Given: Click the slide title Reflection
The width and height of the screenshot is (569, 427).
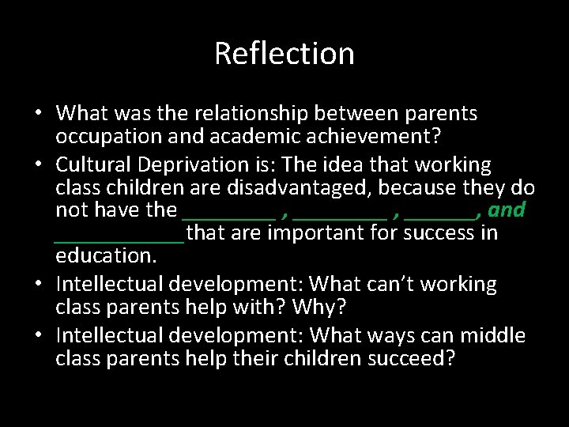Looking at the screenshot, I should click(x=284, y=54).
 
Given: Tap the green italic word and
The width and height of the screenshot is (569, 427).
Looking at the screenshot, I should click(x=507, y=210).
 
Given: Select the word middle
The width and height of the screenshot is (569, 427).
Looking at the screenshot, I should click(x=492, y=335).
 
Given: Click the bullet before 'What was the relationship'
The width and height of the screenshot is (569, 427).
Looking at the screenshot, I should click(x=37, y=114).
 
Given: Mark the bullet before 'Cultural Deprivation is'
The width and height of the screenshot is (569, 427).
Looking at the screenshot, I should click(x=37, y=164).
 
